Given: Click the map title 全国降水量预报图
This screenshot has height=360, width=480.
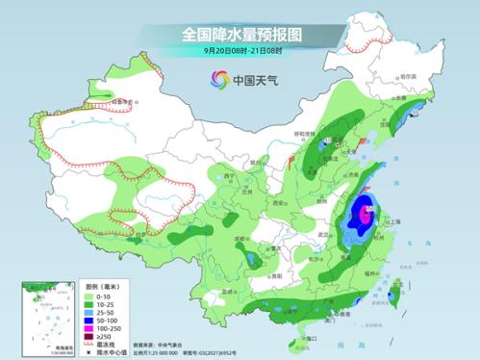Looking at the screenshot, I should (240, 35).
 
